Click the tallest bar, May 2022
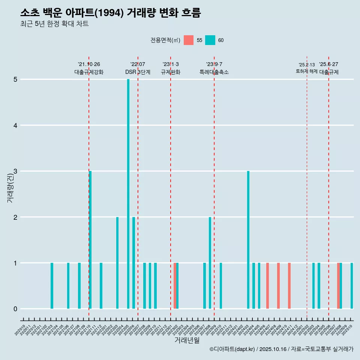pyautogui.click(x=128, y=194)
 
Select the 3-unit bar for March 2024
pyautogui.click(x=248, y=240)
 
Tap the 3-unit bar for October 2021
pyautogui.click(x=90, y=240)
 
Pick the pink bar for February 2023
pyautogui.click(x=175, y=286)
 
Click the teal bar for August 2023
pyautogui.click(x=210, y=263)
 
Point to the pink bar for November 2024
pyautogui.click(x=289, y=286)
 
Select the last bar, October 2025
pyautogui.click(x=352, y=286)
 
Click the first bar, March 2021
pyautogui.click(x=52, y=286)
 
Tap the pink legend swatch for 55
pyautogui.click(x=189, y=40)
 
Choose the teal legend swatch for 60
pyautogui.click(x=210, y=40)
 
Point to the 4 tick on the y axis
pyautogui.click(x=15, y=125)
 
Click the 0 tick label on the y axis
pyautogui.click(x=15, y=309)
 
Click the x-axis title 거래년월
pyautogui.click(x=187, y=340)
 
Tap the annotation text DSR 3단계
pyautogui.click(x=138, y=72)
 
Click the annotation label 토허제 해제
pyautogui.click(x=306, y=71)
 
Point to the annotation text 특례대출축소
pyautogui.click(x=214, y=72)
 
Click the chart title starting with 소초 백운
pyautogui.click(x=111, y=13)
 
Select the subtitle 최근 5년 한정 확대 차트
pyautogui.click(x=54, y=24)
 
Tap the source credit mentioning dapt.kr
pyautogui.click(x=281, y=349)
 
